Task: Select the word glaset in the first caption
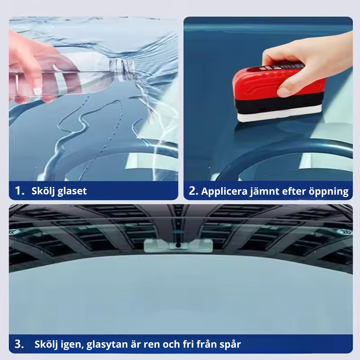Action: pyautogui.click(x=72, y=191)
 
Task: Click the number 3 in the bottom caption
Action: pyautogui.click(x=19, y=344)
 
